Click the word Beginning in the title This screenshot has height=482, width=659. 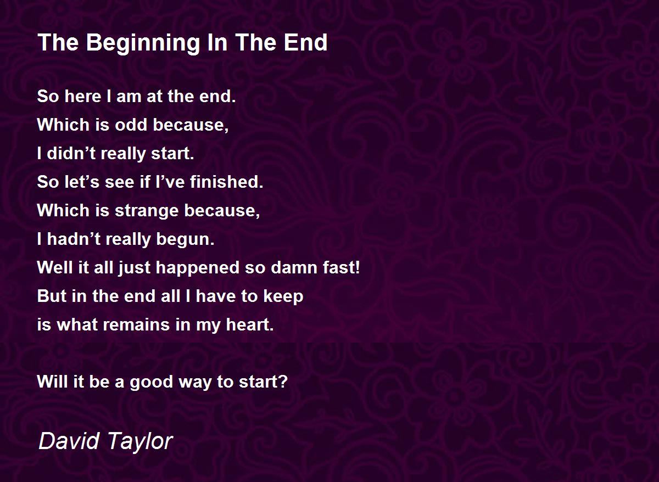point(143,43)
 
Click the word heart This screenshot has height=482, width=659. point(250,325)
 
